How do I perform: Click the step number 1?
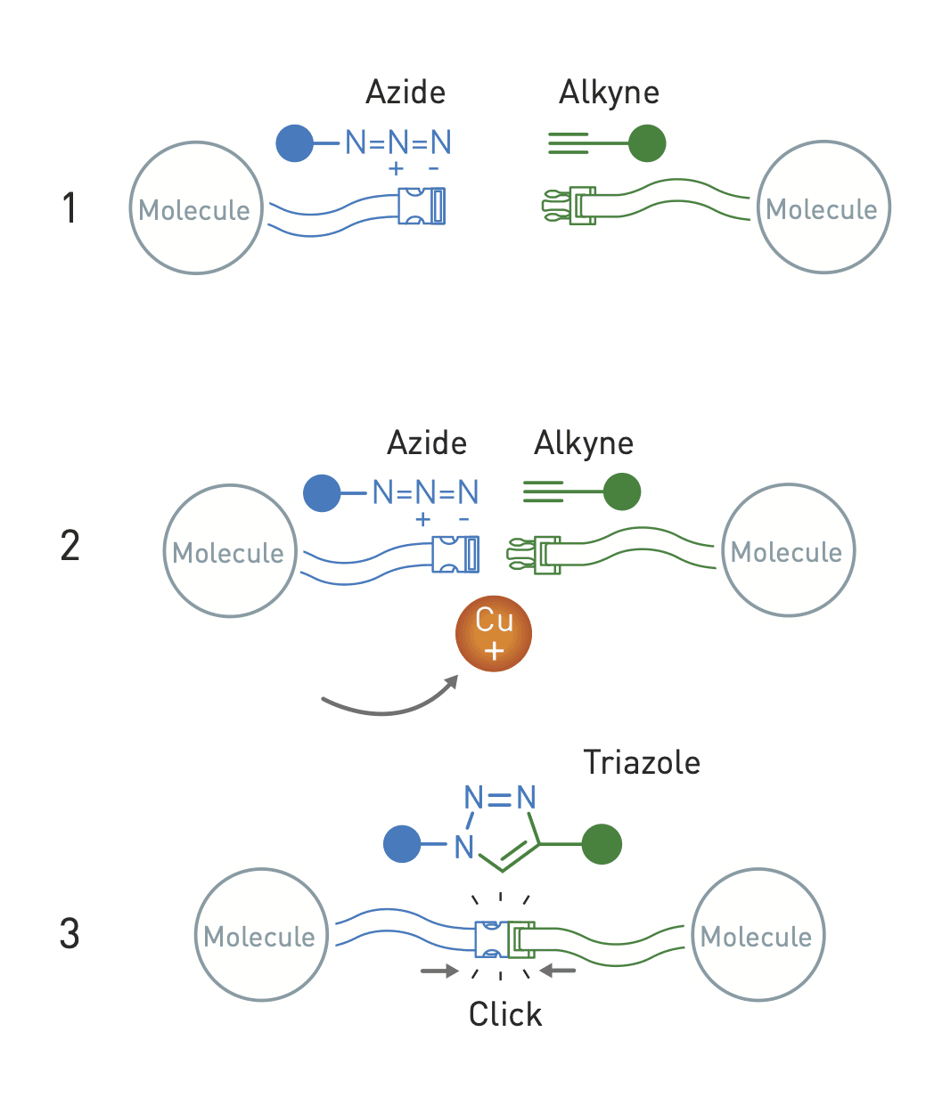(70, 208)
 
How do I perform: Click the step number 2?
(70, 546)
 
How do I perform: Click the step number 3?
(70, 935)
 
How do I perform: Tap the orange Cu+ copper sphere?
(494, 634)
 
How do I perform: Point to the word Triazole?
(642, 762)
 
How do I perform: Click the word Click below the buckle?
(505, 1014)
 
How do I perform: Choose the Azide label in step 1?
(406, 92)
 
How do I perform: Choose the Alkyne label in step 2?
(584, 443)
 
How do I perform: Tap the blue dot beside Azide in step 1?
(294, 142)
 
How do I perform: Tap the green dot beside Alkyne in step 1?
(647, 143)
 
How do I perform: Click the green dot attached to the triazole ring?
(602, 844)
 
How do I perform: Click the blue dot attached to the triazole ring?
(402, 844)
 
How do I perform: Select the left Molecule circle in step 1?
(196, 208)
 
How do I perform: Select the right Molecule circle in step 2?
(788, 551)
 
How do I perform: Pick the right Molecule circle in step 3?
(758, 935)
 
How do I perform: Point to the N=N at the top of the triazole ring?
(500, 795)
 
